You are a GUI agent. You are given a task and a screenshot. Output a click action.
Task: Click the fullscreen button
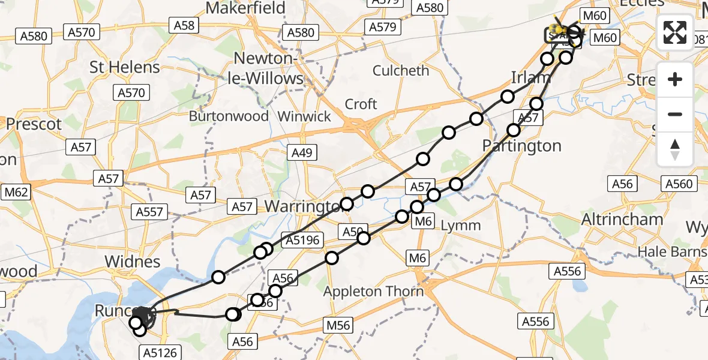click(675, 32)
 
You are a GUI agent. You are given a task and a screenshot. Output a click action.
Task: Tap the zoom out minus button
click(675, 114)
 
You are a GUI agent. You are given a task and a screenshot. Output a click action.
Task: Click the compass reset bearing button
click(675, 149)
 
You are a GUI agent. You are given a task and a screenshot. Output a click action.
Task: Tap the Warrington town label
click(303, 206)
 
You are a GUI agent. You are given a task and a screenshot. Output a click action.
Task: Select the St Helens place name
click(125, 67)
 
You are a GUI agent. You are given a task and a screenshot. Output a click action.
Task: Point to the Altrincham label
click(622, 220)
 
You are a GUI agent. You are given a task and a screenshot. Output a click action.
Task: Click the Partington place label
click(523, 146)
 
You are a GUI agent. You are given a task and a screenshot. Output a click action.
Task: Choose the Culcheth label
click(401, 70)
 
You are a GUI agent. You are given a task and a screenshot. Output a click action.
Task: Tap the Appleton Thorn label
click(374, 292)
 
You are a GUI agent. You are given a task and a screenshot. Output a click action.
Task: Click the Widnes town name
click(133, 262)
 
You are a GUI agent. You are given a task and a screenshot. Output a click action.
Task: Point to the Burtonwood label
click(229, 116)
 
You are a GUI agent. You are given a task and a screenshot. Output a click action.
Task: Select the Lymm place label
click(461, 226)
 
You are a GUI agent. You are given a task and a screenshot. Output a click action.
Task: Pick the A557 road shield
click(150, 212)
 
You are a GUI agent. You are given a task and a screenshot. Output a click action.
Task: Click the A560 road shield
click(680, 184)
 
